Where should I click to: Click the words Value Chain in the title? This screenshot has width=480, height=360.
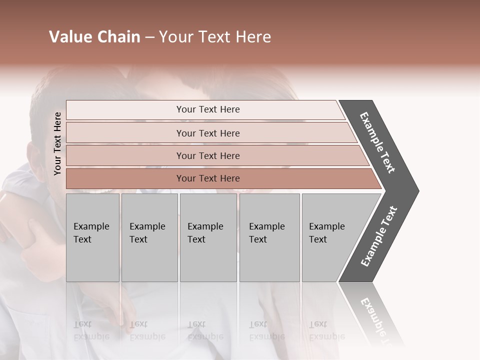[x=94, y=37]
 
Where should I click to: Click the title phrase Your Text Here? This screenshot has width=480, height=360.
[x=215, y=37]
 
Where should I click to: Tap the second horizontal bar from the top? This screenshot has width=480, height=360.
[x=208, y=133]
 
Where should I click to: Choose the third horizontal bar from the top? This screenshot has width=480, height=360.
[x=208, y=155]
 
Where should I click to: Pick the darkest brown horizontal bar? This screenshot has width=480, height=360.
[x=208, y=178]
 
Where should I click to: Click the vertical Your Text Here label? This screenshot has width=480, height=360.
[x=58, y=143]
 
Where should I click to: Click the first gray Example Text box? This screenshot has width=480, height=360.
[x=92, y=237]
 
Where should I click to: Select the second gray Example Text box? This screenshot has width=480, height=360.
[x=149, y=237]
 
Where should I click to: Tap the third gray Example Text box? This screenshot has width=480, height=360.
[x=207, y=237]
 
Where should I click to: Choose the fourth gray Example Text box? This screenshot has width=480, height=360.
[x=269, y=237]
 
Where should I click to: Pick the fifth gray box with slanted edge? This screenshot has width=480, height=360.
[x=332, y=237]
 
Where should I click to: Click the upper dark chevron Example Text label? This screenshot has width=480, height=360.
[x=377, y=143]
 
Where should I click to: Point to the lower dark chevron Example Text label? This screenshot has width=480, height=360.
[x=378, y=236]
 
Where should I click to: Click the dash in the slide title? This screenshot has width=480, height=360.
[x=149, y=37]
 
